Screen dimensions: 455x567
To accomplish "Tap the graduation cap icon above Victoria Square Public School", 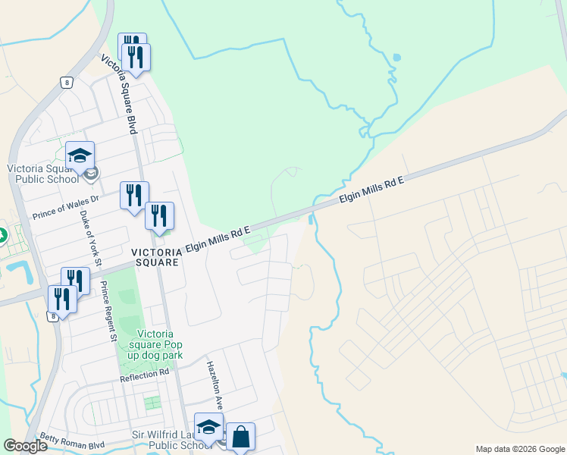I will [x=80, y=155].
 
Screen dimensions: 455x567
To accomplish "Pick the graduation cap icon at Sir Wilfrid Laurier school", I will [x=208, y=426].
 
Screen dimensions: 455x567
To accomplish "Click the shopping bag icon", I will [x=240, y=437].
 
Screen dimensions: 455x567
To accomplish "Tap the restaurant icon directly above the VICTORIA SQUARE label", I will [x=160, y=216].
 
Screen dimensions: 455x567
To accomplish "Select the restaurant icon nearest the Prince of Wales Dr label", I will [x=134, y=196].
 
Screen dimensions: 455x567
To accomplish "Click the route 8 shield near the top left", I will [x=67, y=83].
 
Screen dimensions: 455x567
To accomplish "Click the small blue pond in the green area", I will [x=397, y=58].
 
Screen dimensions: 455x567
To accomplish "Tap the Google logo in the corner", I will [x=25, y=446].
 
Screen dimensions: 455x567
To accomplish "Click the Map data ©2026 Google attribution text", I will [x=520, y=449].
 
